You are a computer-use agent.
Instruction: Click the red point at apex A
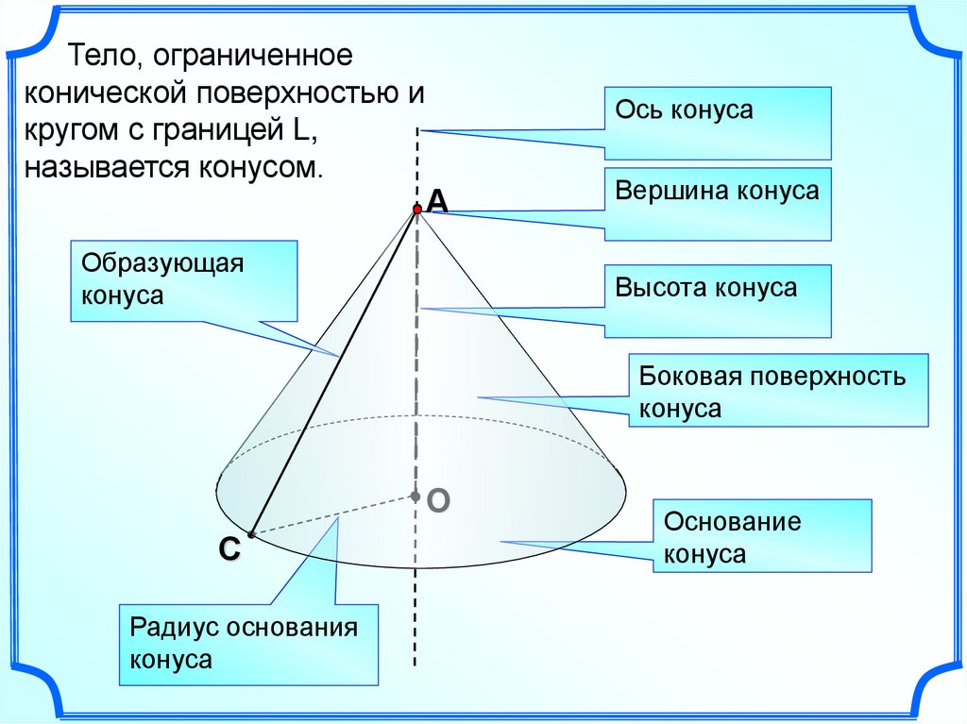[416, 209]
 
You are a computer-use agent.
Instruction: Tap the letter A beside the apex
[436, 200]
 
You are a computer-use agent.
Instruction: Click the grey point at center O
[415, 495]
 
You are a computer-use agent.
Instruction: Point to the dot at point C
[251, 535]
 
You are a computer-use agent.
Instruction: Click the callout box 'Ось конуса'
[718, 123]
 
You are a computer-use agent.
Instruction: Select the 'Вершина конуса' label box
[718, 204]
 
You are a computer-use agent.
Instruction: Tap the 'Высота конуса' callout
[718, 300]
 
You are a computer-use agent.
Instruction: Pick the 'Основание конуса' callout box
[761, 536]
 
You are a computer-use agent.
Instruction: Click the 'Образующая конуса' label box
[183, 279]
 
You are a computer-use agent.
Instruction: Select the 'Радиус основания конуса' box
[248, 645]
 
